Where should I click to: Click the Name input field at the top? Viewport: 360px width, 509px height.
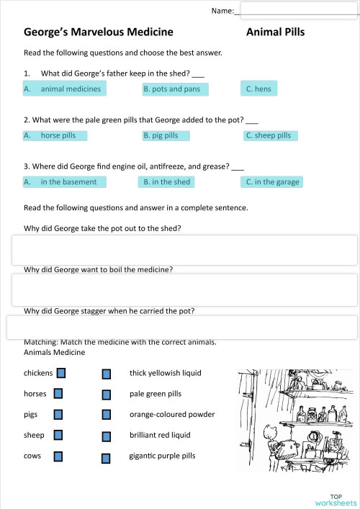pyautogui.click(x=298, y=9)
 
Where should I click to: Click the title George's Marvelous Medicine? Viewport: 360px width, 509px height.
pyautogui.click(x=99, y=32)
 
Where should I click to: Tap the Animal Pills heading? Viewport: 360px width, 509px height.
pyautogui.click(x=275, y=32)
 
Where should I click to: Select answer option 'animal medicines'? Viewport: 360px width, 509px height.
pyautogui.click(x=65, y=89)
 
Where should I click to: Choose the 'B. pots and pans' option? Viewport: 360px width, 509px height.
pyautogui.click(x=174, y=89)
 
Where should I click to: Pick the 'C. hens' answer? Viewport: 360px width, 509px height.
pyautogui.click(x=258, y=89)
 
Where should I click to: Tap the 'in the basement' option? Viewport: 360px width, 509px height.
pyautogui.click(x=65, y=182)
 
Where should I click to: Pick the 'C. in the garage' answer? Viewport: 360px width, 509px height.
pyautogui.click(x=272, y=182)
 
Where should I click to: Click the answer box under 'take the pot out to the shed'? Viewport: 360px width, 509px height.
pyautogui.click(x=184, y=249)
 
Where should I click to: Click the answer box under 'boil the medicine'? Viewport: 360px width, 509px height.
pyautogui.click(x=184, y=289)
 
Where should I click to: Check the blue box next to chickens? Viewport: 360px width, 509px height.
pyautogui.click(x=61, y=373)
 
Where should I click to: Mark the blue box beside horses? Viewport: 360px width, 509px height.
pyautogui.click(x=58, y=394)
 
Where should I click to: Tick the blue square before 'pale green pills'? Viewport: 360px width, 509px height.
pyautogui.click(x=107, y=395)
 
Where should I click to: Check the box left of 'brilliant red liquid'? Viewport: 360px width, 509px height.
pyautogui.click(x=107, y=436)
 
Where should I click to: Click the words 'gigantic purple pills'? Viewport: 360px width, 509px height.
pyautogui.click(x=162, y=456)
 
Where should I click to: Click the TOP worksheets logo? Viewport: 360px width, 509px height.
pyautogui.click(x=336, y=500)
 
